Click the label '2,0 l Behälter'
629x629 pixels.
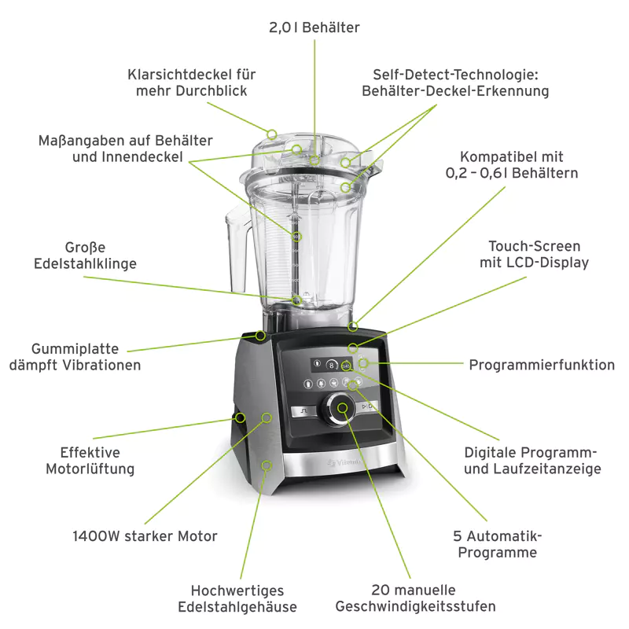coord(314,28)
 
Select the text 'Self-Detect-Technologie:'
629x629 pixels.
coord(454,75)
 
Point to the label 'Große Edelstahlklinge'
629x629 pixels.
coord(85,256)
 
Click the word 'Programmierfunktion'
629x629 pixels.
coord(542,365)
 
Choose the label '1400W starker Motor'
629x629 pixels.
coord(145,536)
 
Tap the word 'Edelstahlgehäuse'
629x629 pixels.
coord(237,606)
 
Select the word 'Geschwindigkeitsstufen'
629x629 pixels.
coord(415,606)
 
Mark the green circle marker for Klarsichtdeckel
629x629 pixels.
coord(272,134)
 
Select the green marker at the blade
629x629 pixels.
coord(296,300)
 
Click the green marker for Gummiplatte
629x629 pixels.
coord(260,335)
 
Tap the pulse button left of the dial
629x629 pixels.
coord(301,410)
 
